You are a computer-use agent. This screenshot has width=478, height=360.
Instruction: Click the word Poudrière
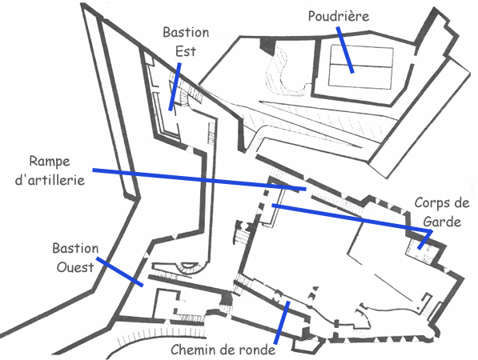coord(339,16)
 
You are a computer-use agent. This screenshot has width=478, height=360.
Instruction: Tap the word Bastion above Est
coord(186,32)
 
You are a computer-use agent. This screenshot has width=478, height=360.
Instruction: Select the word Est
coord(186,51)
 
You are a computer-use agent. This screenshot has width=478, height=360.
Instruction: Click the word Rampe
coord(50,162)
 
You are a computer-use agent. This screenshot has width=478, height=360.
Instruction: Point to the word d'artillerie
coord(50,180)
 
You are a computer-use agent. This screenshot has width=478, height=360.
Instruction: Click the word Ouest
coord(75,267)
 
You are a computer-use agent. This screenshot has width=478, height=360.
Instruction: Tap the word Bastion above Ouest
coord(75,249)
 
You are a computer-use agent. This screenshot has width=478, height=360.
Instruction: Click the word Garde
coord(442,222)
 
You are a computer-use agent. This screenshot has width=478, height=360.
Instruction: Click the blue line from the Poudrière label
coord(345,50)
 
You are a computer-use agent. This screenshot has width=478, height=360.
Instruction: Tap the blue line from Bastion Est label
coord(175,87)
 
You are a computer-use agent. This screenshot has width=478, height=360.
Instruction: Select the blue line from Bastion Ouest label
coord(119,272)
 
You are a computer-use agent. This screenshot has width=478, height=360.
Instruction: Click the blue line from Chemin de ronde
coord(282,323)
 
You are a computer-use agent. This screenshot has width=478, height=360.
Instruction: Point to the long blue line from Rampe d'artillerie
coord(199,179)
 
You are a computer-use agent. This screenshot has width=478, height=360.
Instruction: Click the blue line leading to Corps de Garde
coord(351,218)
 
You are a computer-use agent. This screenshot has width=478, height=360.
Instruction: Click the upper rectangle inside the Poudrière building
coord(362,56)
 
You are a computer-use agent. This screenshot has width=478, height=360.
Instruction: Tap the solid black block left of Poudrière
coord(267,46)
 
